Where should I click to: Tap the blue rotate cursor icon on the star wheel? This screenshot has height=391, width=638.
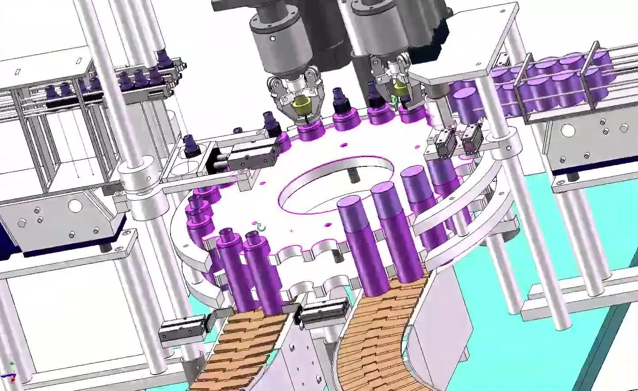[262, 228]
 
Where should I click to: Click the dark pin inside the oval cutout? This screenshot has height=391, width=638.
[354, 175]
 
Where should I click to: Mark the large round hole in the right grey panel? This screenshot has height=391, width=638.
[569, 130]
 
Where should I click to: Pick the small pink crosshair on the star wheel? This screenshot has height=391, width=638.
[291, 230]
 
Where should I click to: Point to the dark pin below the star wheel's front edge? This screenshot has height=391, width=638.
[338, 256]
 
